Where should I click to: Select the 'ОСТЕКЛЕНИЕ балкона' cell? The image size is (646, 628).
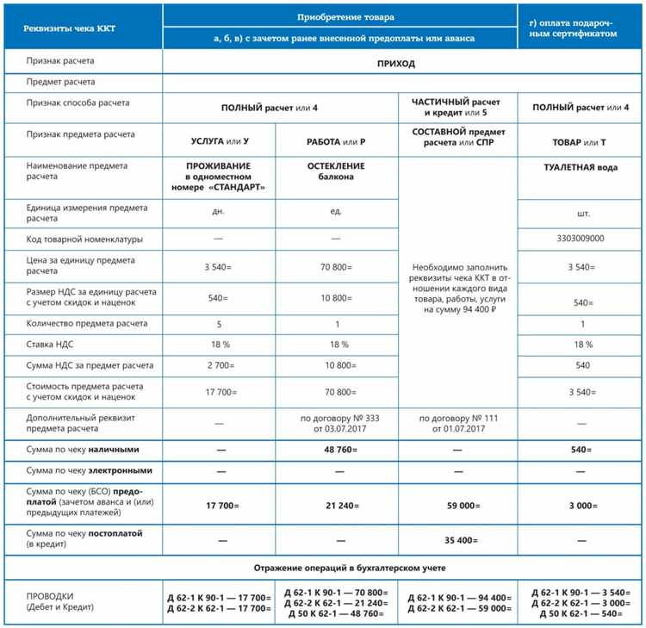(x=336, y=171)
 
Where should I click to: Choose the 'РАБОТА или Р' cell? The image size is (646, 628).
(x=336, y=140)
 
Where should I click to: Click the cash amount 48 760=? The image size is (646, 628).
(x=336, y=450)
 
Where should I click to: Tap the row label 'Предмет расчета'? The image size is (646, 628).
(x=61, y=83)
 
